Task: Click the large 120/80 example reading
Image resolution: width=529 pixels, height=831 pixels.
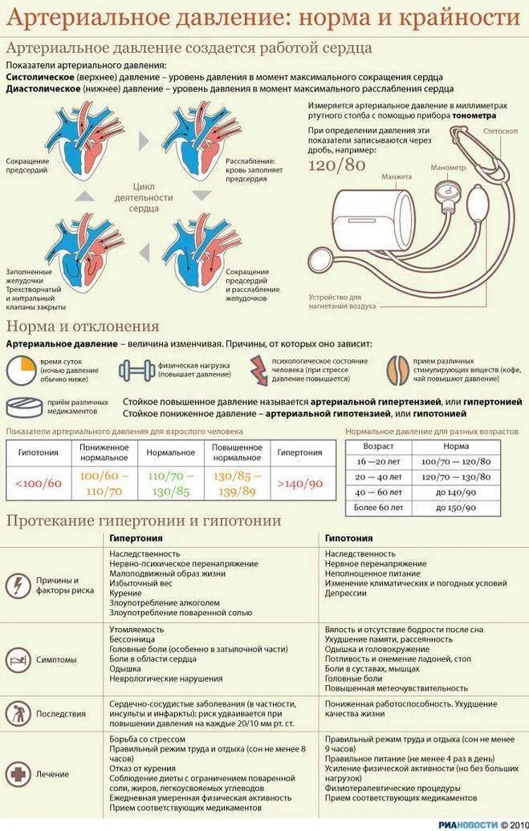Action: coord(337,165)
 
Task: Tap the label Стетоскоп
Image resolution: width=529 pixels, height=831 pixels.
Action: coord(500,130)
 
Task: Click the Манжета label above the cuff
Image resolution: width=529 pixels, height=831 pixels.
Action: coord(397,176)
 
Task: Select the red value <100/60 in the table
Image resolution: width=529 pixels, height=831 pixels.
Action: coord(38,483)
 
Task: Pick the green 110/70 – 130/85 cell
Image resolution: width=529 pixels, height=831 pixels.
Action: coord(170,484)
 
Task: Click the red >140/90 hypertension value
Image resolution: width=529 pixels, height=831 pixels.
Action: coord(299,483)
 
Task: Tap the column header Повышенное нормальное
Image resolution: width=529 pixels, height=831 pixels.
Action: coord(237,452)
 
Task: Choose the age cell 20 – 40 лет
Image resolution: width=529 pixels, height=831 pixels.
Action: coord(377,476)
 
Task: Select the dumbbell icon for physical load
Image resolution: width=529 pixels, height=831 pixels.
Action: coord(135,370)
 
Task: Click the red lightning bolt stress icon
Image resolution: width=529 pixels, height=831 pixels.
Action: coord(258,370)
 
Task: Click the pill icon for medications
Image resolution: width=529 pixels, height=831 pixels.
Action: coord(24,407)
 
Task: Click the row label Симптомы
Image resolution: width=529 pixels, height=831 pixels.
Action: coord(56,660)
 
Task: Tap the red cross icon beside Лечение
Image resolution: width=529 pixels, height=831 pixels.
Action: coord(18,775)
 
